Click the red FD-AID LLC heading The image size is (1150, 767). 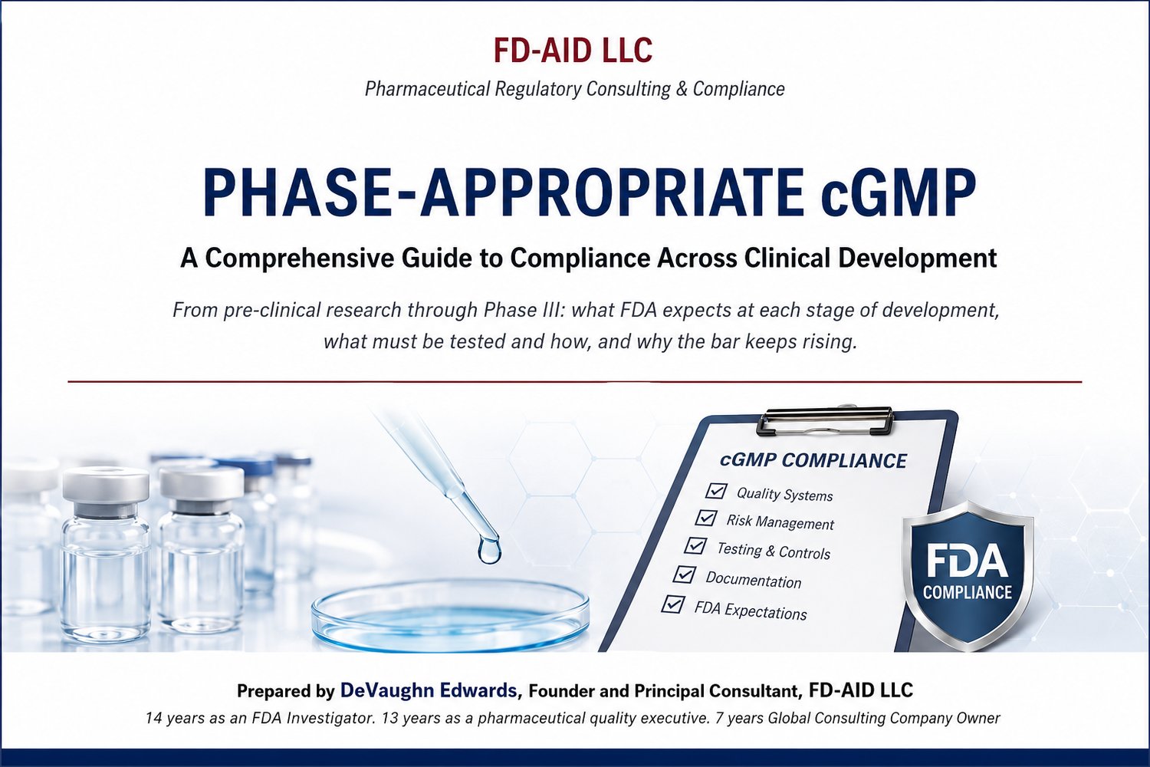573,51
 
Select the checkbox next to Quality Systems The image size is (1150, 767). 715,491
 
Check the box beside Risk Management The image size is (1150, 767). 706,518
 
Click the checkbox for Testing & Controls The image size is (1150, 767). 695,545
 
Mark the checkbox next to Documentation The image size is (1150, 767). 685,574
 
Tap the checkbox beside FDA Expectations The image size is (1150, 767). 673,604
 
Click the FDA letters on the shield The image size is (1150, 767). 968,562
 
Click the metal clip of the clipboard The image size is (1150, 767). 826,421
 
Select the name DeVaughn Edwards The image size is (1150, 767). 428,690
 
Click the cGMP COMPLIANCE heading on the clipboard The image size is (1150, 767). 813,460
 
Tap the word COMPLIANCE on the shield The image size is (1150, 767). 968,592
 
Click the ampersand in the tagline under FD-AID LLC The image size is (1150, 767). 682,89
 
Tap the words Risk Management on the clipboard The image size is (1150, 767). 780,522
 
